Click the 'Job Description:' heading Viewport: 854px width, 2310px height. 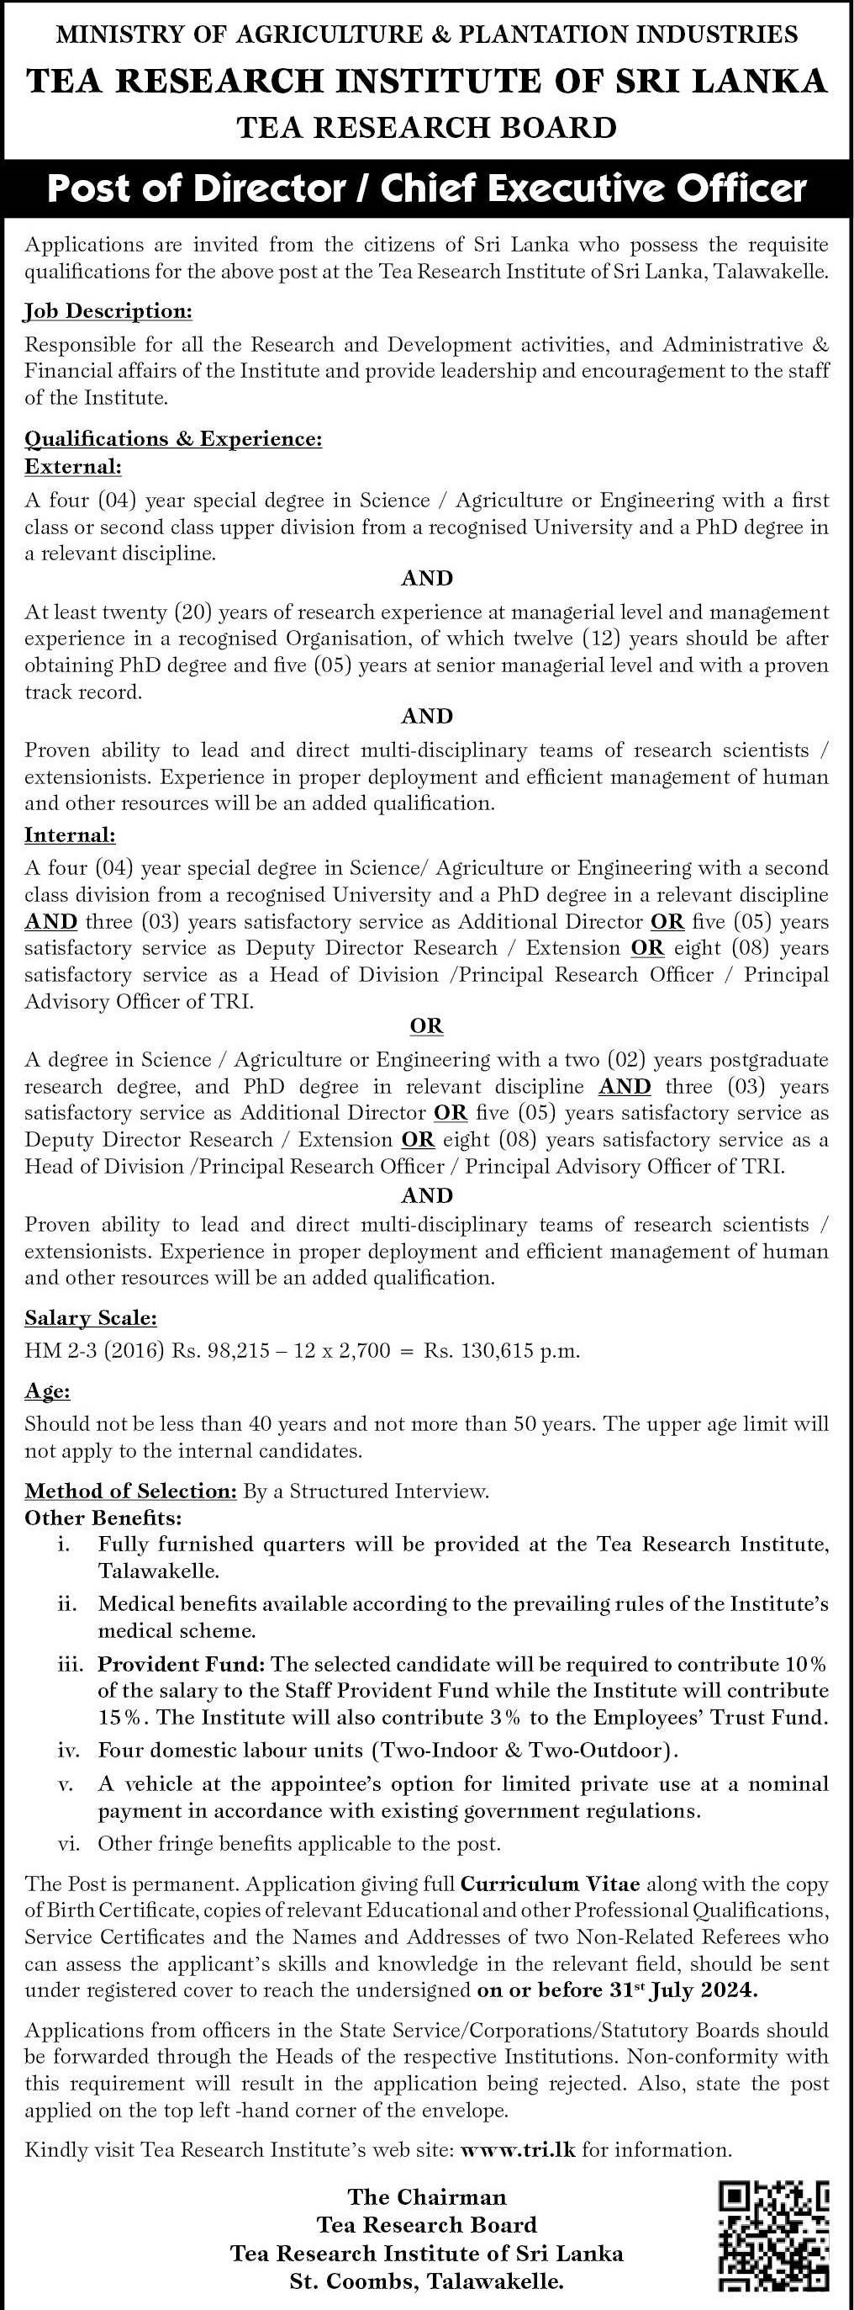point(108,311)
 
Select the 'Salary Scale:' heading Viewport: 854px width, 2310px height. point(91,1318)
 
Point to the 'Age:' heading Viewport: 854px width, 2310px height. point(48,1391)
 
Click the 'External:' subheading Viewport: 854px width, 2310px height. point(72,466)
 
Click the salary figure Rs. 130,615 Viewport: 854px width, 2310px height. point(479,1350)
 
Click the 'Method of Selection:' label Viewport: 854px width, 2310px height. point(130,1491)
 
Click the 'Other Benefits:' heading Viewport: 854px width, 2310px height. point(103,1518)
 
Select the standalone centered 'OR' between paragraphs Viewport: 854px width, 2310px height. point(426,1025)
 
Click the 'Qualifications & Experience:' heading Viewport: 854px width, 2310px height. point(173,439)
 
